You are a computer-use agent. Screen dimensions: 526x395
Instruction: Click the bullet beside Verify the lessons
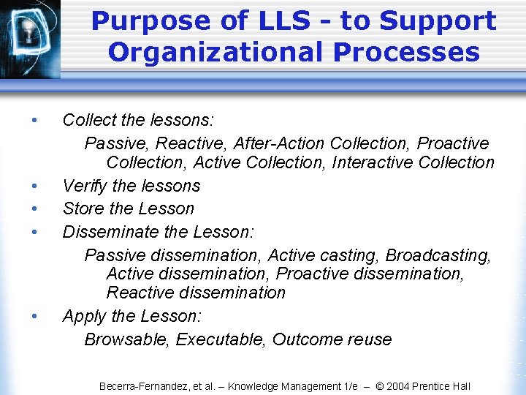(34, 186)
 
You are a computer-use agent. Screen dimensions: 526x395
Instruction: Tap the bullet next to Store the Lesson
(34, 208)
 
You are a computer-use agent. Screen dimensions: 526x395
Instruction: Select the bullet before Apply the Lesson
(34, 317)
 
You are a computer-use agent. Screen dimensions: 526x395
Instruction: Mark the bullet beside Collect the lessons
(34, 119)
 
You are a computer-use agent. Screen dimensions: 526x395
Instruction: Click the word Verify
(83, 186)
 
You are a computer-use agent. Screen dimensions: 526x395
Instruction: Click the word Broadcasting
(438, 255)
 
